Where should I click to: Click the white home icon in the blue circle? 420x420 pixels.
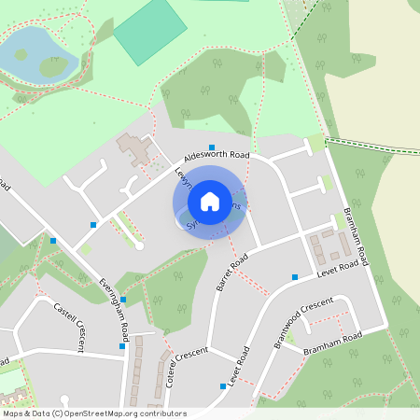tap(210, 201)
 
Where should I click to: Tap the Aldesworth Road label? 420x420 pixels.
tap(217, 154)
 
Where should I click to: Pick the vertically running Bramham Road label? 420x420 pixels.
tap(358, 229)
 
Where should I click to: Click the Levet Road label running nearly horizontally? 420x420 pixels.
tap(338, 268)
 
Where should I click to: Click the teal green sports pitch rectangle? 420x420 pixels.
tap(150, 31)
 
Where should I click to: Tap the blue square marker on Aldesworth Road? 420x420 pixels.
tap(212, 147)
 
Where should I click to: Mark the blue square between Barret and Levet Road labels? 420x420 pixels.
tap(295, 276)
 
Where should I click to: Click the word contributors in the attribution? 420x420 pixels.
tap(165, 413)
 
